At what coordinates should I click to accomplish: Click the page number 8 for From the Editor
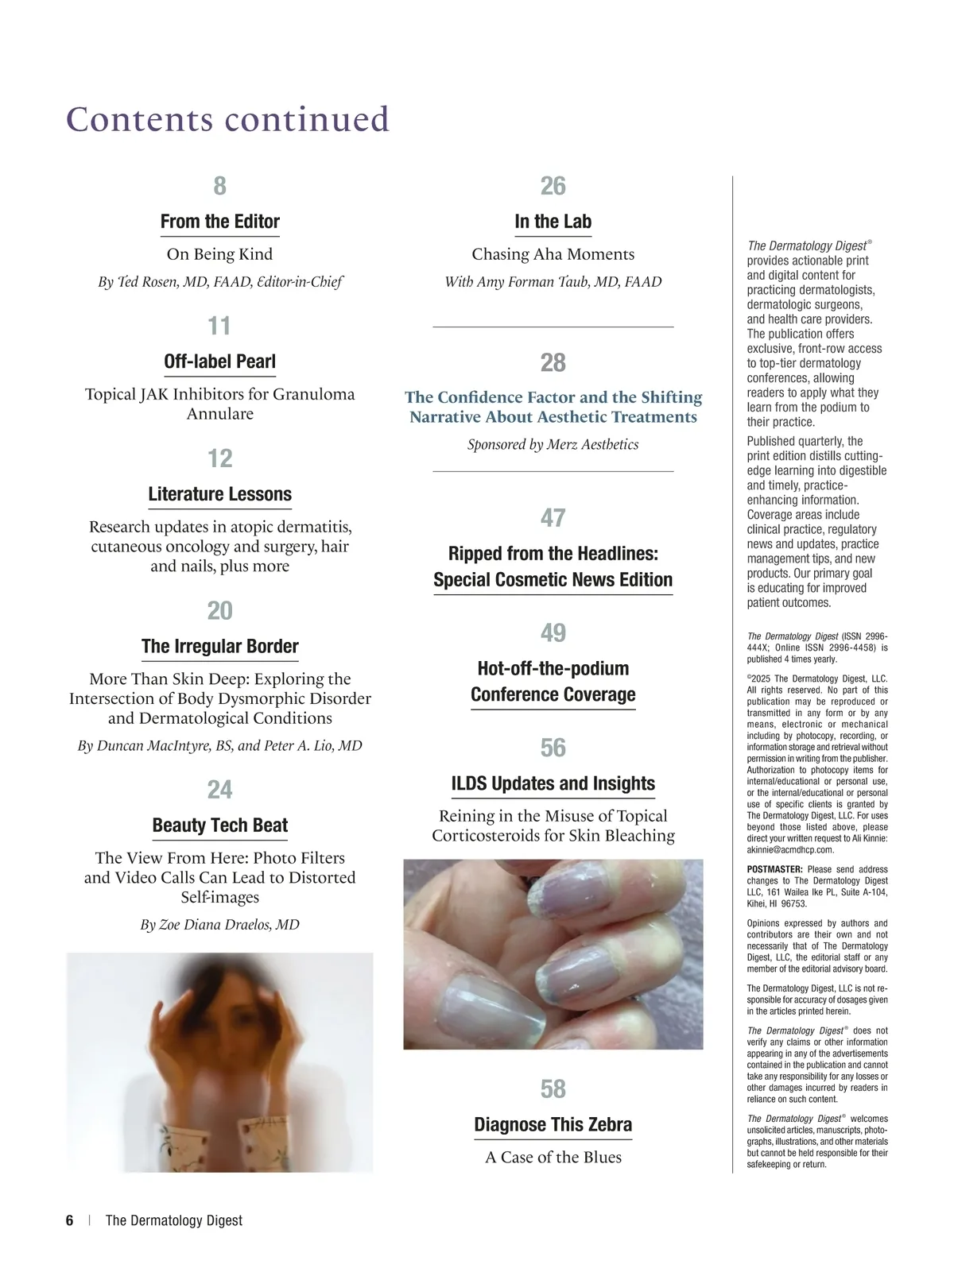[x=220, y=186]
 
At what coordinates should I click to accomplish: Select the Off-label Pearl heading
[x=220, y=362]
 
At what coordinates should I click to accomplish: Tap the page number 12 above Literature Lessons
[x=220, y=458]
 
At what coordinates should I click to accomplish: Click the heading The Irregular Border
[x=220, y=646]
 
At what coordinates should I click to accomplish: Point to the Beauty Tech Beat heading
[x=220, y=825]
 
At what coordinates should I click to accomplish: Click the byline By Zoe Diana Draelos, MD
[x=220, y=924]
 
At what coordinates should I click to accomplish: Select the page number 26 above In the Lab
[x=553, y=186]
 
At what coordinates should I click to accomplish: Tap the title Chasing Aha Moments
[x=553, y=254]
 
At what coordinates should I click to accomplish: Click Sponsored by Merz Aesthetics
[x=553, y=444]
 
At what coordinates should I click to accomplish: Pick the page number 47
[x=553, y=518]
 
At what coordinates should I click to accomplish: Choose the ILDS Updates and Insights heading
[x=553, y=783]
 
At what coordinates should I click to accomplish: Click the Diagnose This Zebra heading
[x=553, y=1124]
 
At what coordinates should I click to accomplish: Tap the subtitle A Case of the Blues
[x=553, y=1157]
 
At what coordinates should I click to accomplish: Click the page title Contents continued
[x=228, y=119]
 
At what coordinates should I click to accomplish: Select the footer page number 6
[x=70, y=1220]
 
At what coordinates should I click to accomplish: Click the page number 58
[x=553, y=1088]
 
